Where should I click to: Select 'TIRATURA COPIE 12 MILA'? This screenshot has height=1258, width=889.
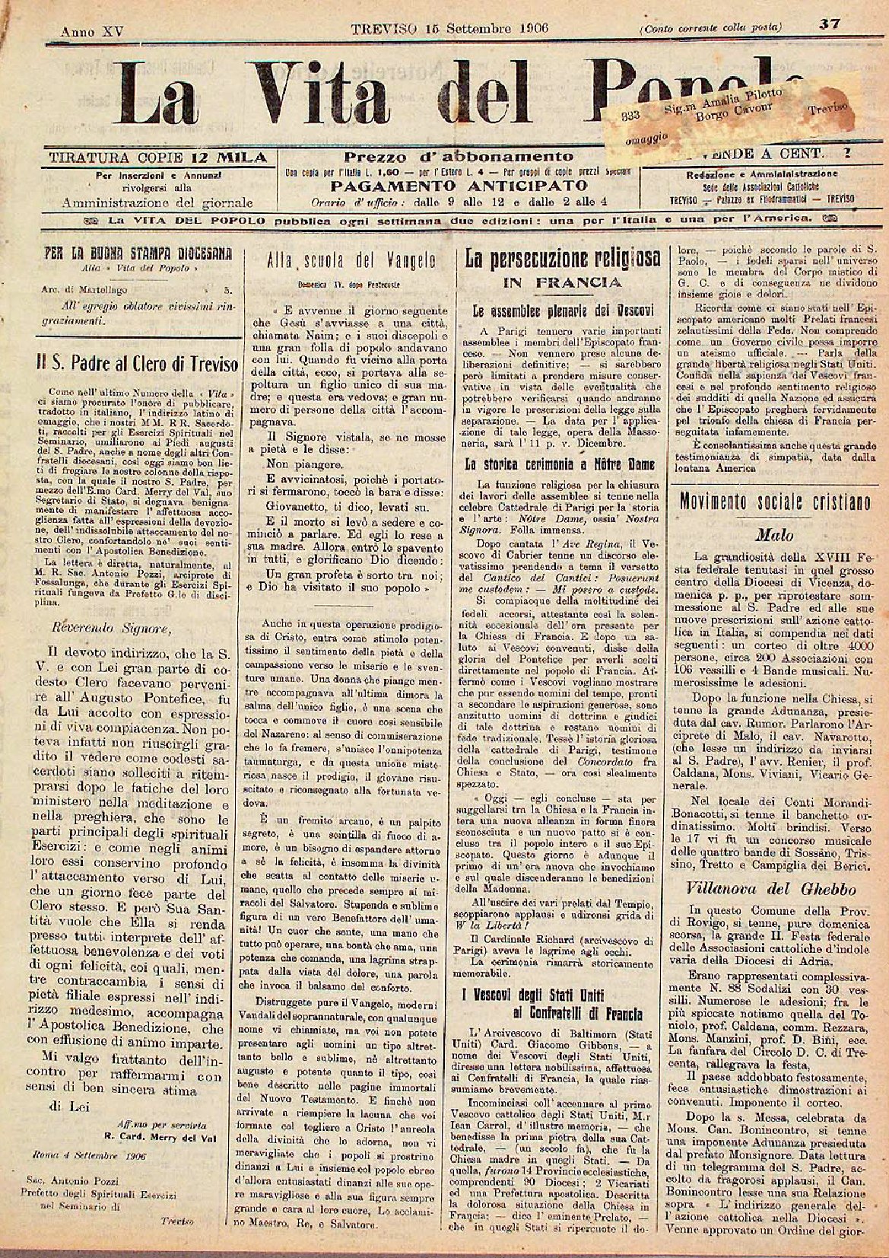point(158,158)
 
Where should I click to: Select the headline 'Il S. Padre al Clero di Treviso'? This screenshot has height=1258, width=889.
point(138,365)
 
